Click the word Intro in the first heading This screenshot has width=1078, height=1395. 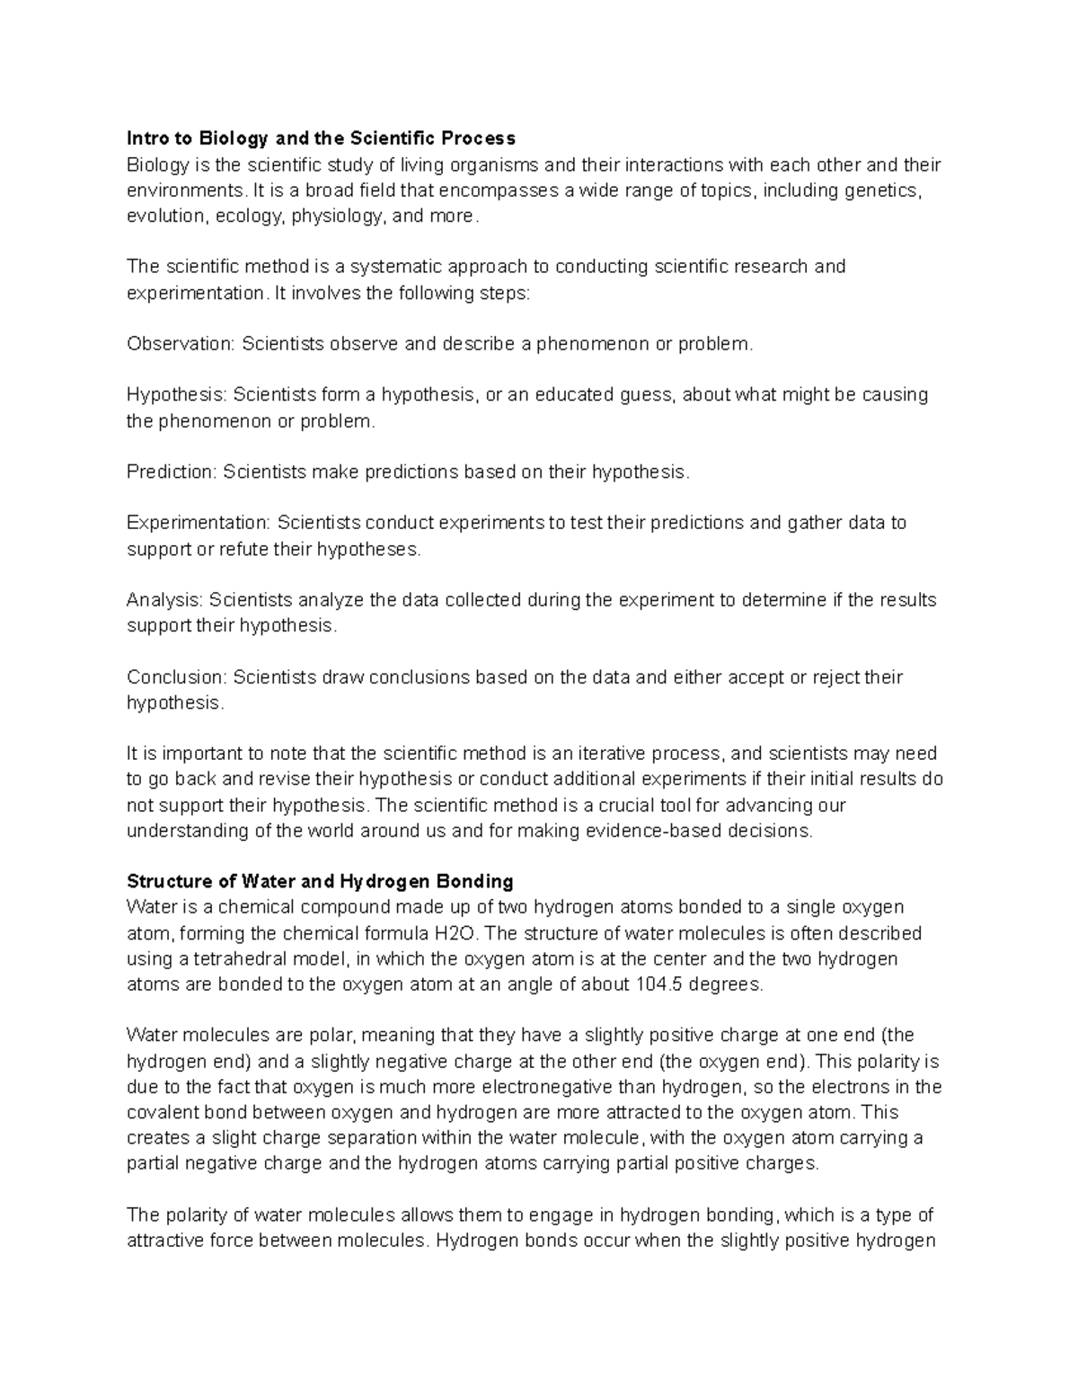click(147, 138)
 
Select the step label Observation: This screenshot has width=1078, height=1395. click(181, 344)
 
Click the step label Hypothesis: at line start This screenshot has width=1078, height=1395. click(177, 395)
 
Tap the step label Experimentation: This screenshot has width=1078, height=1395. click(199, 523)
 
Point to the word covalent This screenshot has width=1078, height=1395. click(160, 1113)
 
